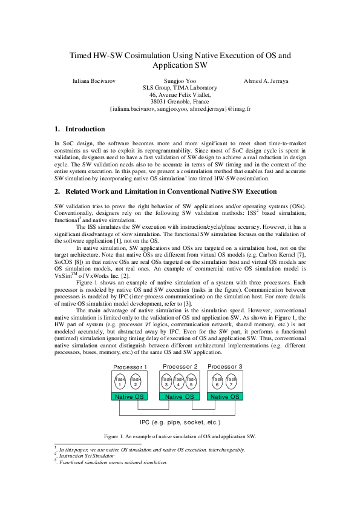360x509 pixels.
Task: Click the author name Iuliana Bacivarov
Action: point(95,80)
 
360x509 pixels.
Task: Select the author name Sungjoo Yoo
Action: point(180,80)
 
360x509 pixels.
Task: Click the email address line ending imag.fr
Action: point(180,110)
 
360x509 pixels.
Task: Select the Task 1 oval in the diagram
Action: point(120,383)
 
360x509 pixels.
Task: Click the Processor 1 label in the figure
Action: point(130,368)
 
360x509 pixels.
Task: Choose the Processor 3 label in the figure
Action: point(224,367)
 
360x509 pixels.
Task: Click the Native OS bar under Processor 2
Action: point(180,396)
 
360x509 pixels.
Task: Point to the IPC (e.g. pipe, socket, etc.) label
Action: point(180,421)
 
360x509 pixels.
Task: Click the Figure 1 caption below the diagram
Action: point(180,436)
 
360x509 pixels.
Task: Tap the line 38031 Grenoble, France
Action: point(180,102)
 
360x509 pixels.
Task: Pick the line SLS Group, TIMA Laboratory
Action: point(180,88)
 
